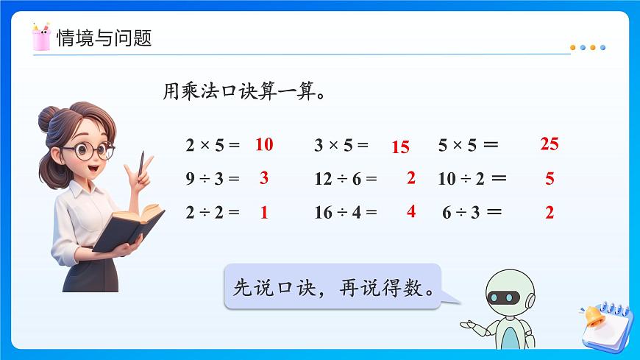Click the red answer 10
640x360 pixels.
click(x=264, y=144)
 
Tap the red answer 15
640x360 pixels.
click(x=400, y=147)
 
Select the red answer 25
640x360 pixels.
click(x=549, y=144)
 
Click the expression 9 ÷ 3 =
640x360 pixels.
click(x=213, y=178)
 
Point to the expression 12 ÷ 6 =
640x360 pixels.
click(x=345, y=178)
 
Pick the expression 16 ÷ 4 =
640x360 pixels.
click(x=345, y=213)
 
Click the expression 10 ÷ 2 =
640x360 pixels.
click(x=472, y=178)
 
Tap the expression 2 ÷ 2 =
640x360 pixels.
click(x=213, y=213)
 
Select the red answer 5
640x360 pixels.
click(x=550, y=179)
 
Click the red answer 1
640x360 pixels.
click(x=264, y=213)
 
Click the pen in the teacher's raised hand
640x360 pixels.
click(x=141, y=163)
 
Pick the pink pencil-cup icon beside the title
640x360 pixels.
click(x=40, y=37)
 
